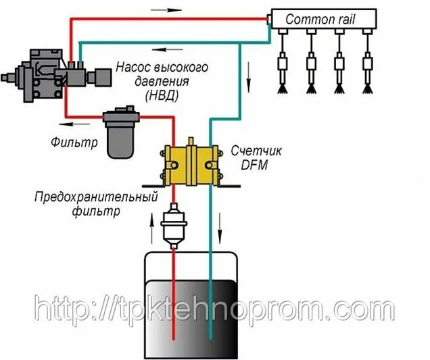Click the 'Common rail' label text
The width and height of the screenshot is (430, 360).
pos(320,19)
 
